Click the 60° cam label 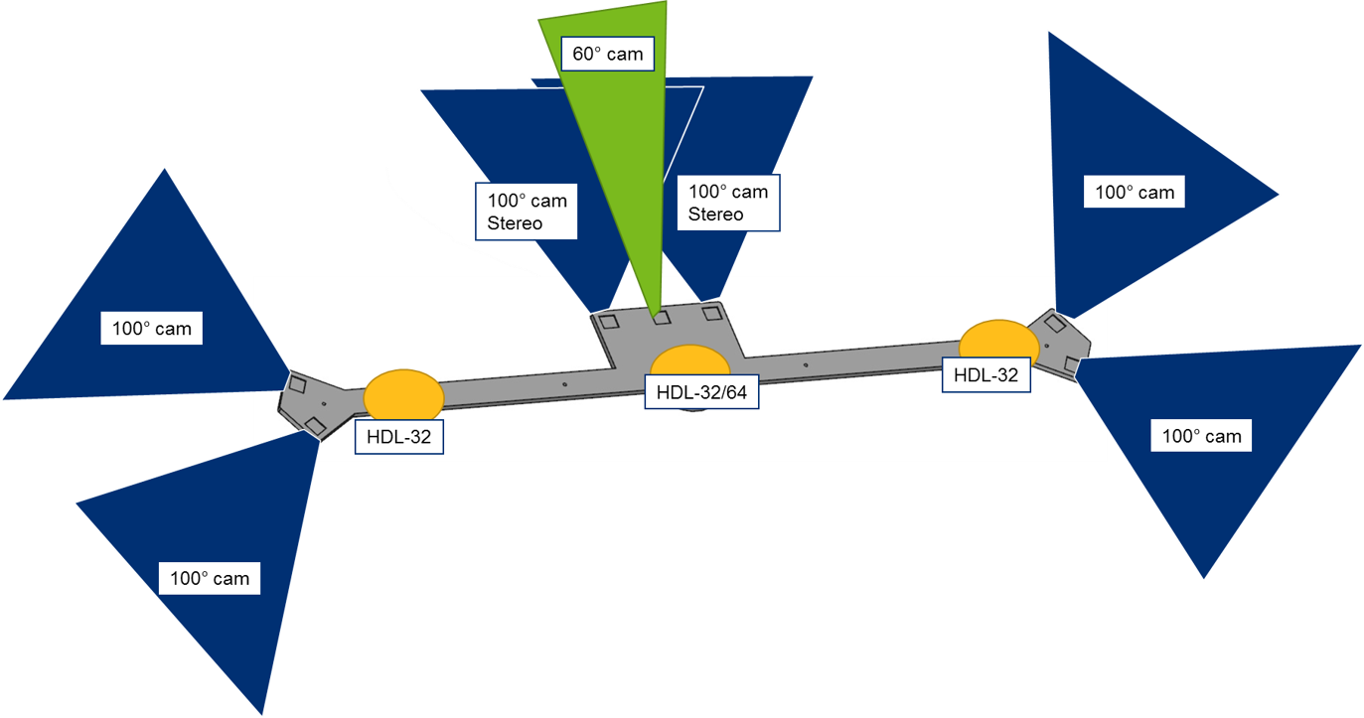(x=608, y=54)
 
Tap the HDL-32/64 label (x=700, y=392)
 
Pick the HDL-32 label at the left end (x=398, y=436)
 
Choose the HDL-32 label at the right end (x=985, y=375)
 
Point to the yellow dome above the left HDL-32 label (x=403, y=394)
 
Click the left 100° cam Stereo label (x=527, y=212)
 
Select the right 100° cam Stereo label (x=728, y=203)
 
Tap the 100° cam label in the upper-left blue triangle (x=151, y=328)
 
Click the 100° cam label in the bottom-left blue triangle (x=209, y=577)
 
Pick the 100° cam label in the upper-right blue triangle (x=1134, y=193)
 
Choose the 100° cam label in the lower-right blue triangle (x=1201, y=435)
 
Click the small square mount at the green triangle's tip (x=660, y=318)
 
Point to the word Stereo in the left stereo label (x=515, y=223)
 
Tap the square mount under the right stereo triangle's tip (x=711, y=314)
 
